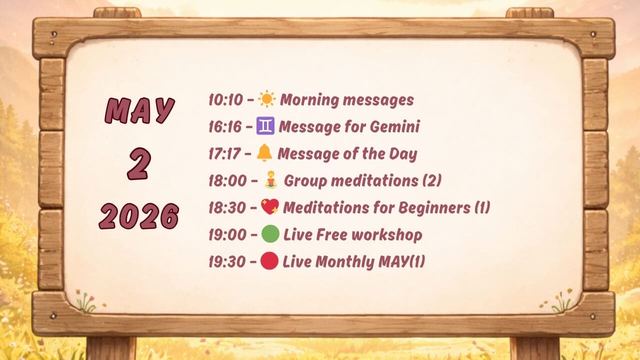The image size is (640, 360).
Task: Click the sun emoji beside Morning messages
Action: coord(267,99)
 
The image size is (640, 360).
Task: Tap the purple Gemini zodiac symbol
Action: coord(265,125)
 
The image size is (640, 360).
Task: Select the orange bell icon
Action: coord(264,153)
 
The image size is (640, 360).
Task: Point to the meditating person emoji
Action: coord(271,180)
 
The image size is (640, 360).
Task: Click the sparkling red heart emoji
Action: coord(270,206)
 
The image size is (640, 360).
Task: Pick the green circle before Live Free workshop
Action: coord(270,234)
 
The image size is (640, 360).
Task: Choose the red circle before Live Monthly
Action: coord(269,261)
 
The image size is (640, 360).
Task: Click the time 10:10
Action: coord(225,99)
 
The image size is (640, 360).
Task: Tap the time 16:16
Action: coord(225,127)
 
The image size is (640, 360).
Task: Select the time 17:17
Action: coord(224,153)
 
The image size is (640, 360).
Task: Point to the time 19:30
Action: coord(227,261)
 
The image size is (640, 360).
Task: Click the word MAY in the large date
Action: coord(139,110)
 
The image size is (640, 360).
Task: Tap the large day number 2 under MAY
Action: coord(139,163)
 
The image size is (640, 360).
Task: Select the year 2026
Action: coord(139,216)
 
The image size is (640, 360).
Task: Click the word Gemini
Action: coord(395,126)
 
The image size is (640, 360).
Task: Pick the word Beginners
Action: coord(434,207)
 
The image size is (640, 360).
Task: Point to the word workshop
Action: coord(387,235)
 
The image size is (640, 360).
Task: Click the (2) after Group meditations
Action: coord(432,180)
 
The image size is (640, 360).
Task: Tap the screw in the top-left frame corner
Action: coord(53,34)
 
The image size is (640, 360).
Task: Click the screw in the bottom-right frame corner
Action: coord(593,316)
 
